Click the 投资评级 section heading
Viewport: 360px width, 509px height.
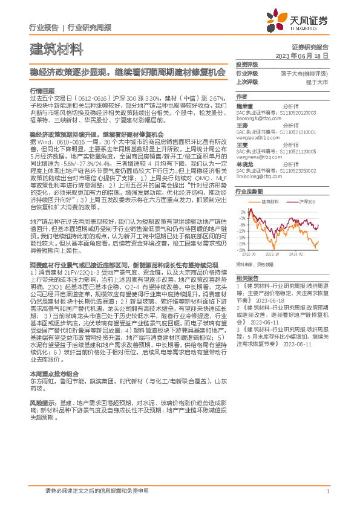click(246, 64)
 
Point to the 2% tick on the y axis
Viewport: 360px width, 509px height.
click(243, 213)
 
